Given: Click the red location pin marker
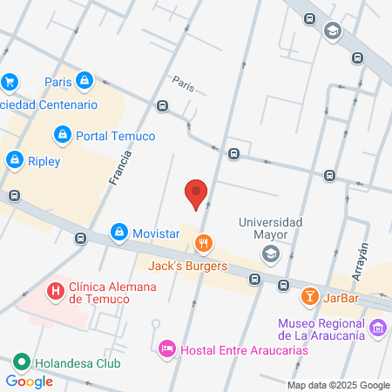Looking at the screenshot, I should [x=197, y=193].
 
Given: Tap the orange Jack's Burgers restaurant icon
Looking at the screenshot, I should [x=204, y=241].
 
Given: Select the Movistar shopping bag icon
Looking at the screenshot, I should [x=118, y=233].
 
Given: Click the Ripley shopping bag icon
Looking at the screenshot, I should [x=15, y=160].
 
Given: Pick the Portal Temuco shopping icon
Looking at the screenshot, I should [x=62, y=135].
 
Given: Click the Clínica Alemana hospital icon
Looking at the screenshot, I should [x=56, y=290].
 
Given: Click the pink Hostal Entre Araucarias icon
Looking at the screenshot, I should [x=166, y=349].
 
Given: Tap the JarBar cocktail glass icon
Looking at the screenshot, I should [x=309, y=298].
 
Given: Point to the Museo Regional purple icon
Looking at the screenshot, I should [x=377, y=328].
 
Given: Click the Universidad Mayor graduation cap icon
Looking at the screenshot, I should [x=271, y=253].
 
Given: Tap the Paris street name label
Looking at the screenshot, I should [x=183, y=85].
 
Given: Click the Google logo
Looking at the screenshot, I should [x=29, y=381].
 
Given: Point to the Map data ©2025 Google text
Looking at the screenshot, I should [x=339, y=385].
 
